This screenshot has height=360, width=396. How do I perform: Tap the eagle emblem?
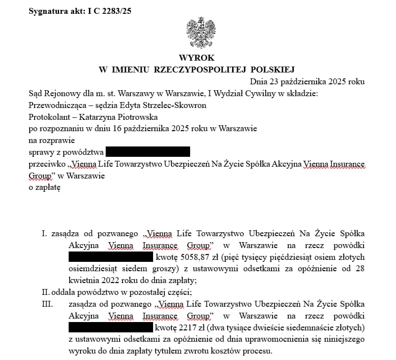click(x=201, y=32)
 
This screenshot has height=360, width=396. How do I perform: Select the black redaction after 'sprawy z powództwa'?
click(x=148, y=151)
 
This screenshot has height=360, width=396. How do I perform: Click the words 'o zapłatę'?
click(x=44, y=187)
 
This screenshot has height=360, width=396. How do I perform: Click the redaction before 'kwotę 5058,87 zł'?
click(x=110, y=257)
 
